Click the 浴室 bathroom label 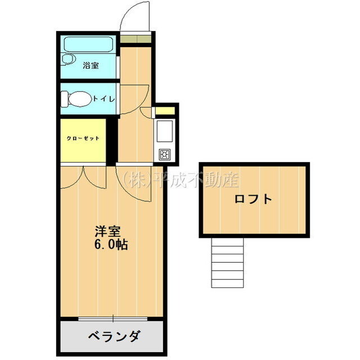click(x=91, y=66)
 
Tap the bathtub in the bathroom click(x=89, y=44)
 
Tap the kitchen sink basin click(x=165, y=132)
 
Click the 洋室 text click(x=106, y=231)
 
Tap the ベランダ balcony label click(x=114, y=336)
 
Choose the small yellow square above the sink click(x=165, y=111)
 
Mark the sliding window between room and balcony click(x=112, y=319)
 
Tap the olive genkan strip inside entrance click(x=136, y=39)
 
